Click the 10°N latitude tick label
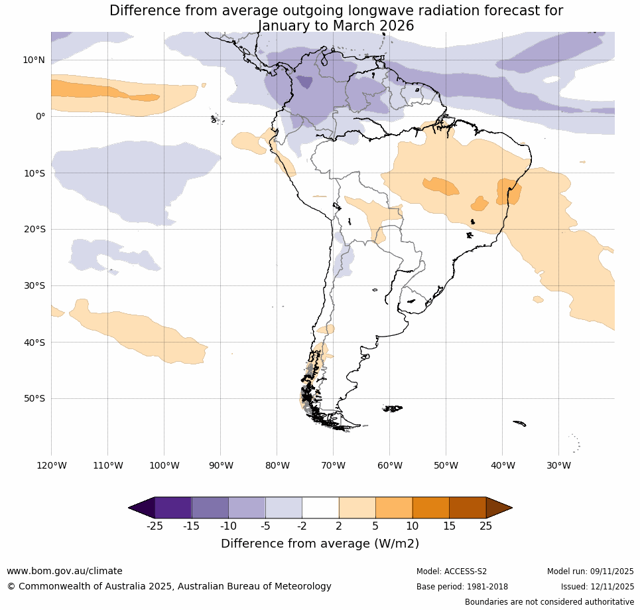tap(33, 60)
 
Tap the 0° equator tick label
tap(40, 116)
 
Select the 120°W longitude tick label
tap(51, 465)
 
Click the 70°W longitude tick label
tap(333, 465)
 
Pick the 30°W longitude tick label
tap(558, 465)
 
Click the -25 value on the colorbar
tap(155, 526)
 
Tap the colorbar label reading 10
tap(412, 526)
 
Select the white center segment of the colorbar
tap(320, 508)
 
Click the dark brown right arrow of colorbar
tap(498, 508)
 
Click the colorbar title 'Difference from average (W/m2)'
tap(320, 544)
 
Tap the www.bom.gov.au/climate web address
tap(64, 571)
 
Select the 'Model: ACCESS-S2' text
tap(452, 572)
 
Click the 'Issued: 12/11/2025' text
tap(597, 587)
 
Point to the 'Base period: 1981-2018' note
tap(462, 587)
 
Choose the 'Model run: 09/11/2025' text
tap(590, 572)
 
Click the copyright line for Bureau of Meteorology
tap(169, 586)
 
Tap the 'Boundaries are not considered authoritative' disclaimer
tap(549, 602)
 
